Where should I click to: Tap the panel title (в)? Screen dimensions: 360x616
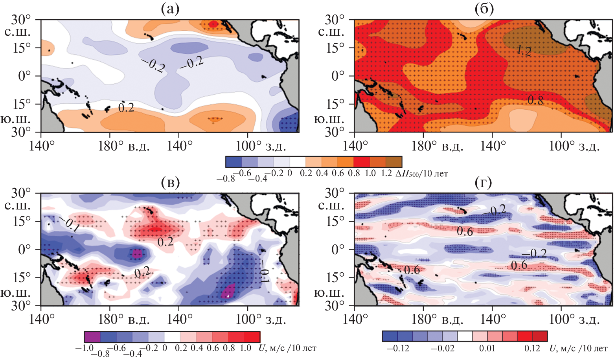click(x=170, y=182)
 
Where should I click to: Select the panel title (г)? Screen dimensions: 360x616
click(x=483, y=182)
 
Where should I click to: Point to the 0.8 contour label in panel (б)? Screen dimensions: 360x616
click(x=535, y=101)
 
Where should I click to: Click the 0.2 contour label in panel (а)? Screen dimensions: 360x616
click(x=126, y=107)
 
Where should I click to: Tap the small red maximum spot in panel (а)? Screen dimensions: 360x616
click(x=213, y=24)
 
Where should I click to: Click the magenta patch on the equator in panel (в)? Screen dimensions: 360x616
click(x=137, y=253)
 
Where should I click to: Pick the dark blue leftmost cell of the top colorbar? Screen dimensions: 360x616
click(x=234, y=162)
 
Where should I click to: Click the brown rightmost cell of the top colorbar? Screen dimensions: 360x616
click(x=394, y=162)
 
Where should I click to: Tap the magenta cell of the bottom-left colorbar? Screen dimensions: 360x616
click(x=92, y=337)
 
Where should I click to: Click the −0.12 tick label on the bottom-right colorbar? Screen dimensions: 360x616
click(x=398, y=348)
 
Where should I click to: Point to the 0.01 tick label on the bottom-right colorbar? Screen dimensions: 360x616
click(x=487, y=348)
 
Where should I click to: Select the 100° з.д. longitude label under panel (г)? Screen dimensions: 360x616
click(x=574, y=320)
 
